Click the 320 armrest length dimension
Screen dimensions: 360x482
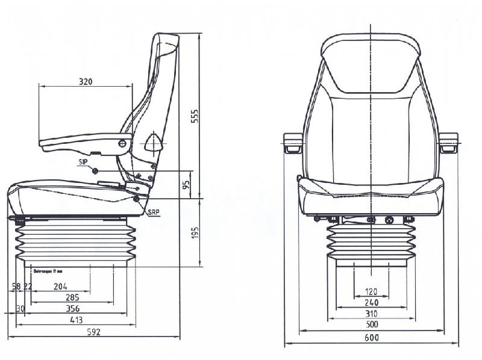(86, 81)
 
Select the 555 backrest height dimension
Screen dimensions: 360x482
(195, 116)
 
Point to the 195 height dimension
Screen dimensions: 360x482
(195, 232)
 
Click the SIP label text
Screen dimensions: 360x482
(82, 163)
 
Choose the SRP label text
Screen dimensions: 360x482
(153, 212)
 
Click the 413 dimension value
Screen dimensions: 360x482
(76, 320)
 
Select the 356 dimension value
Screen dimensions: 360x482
(72, 308)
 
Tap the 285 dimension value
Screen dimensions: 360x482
(72, 297)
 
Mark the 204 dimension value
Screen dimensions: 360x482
(60, 286)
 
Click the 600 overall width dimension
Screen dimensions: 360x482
(371, 338)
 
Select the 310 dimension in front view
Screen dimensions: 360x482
(371, 314)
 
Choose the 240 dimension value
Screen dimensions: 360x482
(371, 303)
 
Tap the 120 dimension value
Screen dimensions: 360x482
(371, 292)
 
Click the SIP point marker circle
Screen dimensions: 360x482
(95, 171)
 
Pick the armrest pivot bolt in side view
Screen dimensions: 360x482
(122, 143)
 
